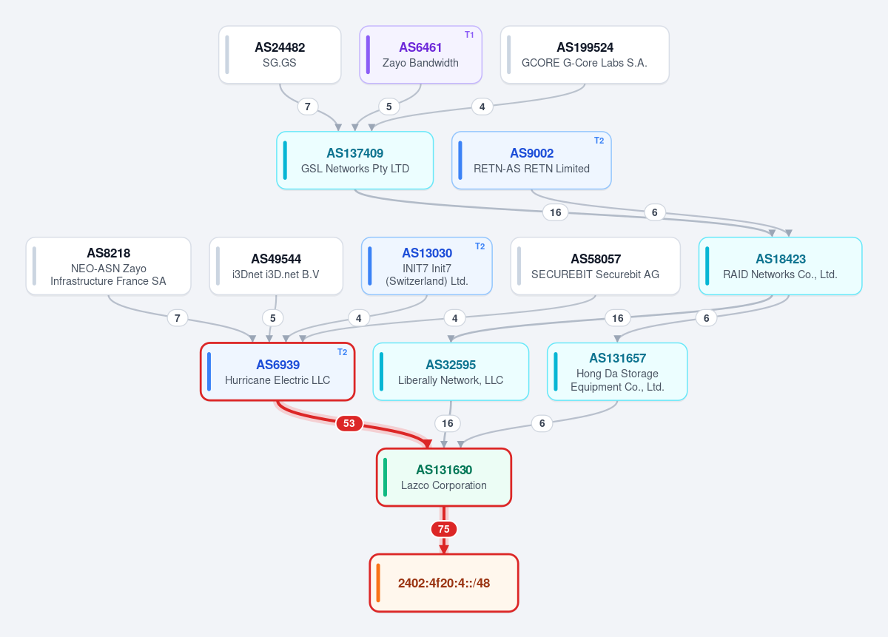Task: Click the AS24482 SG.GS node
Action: pyautogui.click(x=280, y=55)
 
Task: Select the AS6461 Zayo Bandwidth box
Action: pyautogui.click(x=420, y=55)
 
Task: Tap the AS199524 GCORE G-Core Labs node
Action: pyautogui.click(x=585, y=55)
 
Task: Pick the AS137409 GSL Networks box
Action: pyautogui.click(x=354, y=160)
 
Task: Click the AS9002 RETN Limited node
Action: pyautogui.click(x=531, y=160)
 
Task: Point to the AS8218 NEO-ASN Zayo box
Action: pyautogui.click(x=108, y=266)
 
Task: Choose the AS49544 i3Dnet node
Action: pyautogui.click(x=276, y=266)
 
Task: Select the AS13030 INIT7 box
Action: pyautogui.click(x=426, y=266)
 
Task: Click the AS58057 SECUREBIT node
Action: pyautogui.click(x=596, y=266)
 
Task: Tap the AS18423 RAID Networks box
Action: pyautogui.click(x=780, y=266)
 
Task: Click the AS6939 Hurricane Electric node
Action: pyautogui.click(x=277, y=371)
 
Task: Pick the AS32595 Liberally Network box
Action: pyautogui.click(x=451, y=371)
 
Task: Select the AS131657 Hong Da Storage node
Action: pyautogui.click(x=617, y=371)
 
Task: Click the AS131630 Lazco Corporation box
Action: pyautogui.click(x=444, y=477)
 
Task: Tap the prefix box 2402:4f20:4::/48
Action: pyautogui.click(x=444, y=583)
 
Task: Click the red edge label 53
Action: pyautogui.click(x=349, y=423)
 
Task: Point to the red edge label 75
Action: pyautogui.click(x=444, y=529)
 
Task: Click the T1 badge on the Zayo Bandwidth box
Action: pyautogui.click(x=469, y=35)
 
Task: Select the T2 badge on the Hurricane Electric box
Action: pyautogui.click(x=342, y=352)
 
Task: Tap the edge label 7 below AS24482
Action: pyautogui.click(x=308, y=107)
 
